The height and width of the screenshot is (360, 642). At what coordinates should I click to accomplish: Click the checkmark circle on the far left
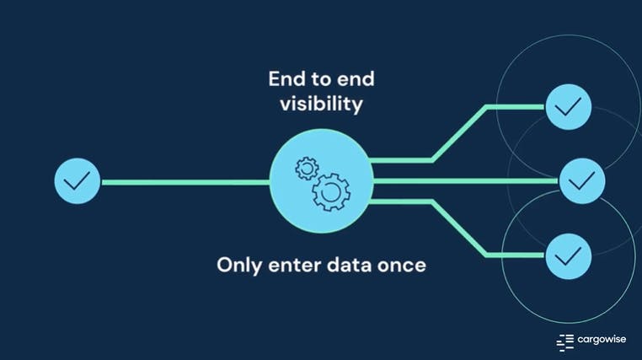(77, 180)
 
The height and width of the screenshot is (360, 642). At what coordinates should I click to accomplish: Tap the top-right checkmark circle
(569, 107)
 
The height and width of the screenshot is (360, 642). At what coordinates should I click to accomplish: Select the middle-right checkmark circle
(582, 180)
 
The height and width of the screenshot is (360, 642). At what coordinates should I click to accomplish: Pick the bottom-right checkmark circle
(569, 254)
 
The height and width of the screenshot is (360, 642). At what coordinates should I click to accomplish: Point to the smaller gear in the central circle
(305, 169)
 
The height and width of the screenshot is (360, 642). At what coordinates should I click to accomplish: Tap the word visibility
(321, 105)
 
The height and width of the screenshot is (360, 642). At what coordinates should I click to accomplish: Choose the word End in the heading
(286, 79)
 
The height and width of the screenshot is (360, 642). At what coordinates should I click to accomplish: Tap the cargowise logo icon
(564, 341)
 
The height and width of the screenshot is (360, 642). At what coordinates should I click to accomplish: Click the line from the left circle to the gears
(185, 180)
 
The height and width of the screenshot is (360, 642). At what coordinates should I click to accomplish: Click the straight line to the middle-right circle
(463, 180)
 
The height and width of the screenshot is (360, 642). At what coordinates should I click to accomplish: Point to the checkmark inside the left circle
(77, 180)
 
